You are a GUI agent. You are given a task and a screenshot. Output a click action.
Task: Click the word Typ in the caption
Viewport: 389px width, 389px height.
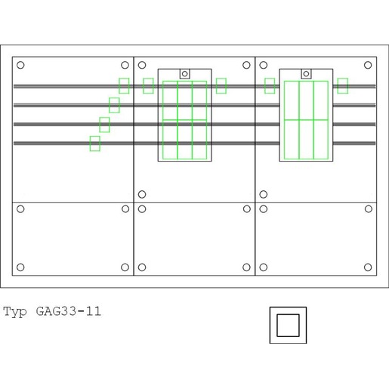(x=15, y=312)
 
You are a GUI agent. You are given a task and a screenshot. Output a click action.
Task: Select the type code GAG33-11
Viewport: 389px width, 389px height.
(x=69, y=311)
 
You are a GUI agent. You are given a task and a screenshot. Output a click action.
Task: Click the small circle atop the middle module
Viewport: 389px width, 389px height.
(x=185, y=74)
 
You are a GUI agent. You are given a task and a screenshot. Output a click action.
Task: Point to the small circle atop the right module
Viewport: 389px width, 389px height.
(x=306, y=74)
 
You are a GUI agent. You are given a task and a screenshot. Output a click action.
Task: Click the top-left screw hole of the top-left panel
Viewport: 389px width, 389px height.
(x=20, y=65)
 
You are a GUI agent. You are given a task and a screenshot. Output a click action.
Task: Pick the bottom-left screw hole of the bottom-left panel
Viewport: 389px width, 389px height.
(x=20, y=267)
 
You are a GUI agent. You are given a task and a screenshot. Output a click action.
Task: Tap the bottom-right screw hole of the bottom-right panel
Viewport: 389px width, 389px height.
(x=368, y=267)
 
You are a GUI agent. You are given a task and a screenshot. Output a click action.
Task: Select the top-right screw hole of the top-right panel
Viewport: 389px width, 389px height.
(x=368, y=65)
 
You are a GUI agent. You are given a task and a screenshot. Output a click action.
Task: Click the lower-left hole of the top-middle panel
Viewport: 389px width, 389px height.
(x=142, y=194)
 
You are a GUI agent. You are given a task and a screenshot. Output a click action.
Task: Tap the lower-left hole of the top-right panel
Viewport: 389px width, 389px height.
(x=264, y=194)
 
